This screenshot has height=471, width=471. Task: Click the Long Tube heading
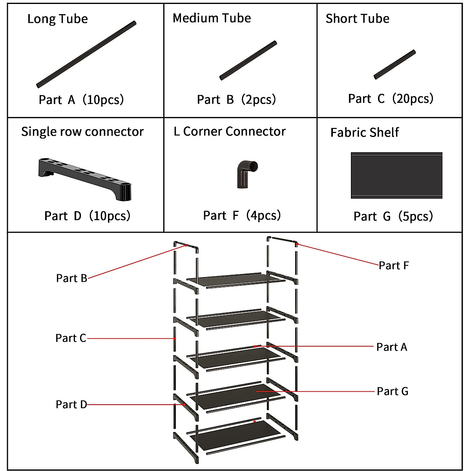(x=57, y=19)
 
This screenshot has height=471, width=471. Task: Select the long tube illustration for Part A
(x=86, y=54)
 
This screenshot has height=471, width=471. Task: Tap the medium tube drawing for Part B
(x=248, y=60)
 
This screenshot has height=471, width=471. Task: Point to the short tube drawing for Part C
(x=394, y=64)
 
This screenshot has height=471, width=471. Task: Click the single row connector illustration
(x=85, y=179)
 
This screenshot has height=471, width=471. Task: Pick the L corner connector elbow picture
(x=246, y=173)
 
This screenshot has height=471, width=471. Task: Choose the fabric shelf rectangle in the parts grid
(x=396, y=175)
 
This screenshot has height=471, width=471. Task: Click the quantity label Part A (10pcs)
(x=81, y=100)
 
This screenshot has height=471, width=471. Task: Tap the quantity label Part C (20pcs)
(x=391, y=99)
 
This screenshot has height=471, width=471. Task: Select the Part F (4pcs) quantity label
(x=242, y=215)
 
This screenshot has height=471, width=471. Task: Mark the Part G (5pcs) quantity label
(x=393, y=216)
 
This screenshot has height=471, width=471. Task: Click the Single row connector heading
(x=82, y=132)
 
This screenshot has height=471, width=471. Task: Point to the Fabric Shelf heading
(x=364, y=133)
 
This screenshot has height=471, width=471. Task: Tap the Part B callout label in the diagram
(x=71, y=278)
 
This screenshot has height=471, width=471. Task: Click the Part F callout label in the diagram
(x=394, y=266)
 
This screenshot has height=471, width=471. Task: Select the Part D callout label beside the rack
(x=71, y=405)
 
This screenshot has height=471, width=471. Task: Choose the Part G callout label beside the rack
(x=392, y=391)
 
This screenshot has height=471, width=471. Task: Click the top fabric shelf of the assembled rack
(x=235, y=280)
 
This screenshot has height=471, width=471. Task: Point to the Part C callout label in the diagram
(x=71, y=338)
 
